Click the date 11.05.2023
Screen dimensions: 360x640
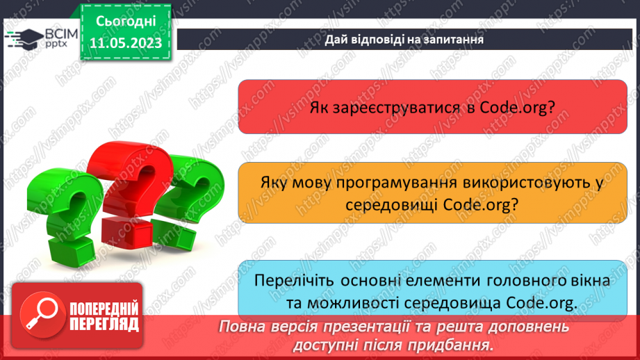click(125, 42)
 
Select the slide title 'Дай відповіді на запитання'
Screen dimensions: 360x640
click(404, 40)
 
